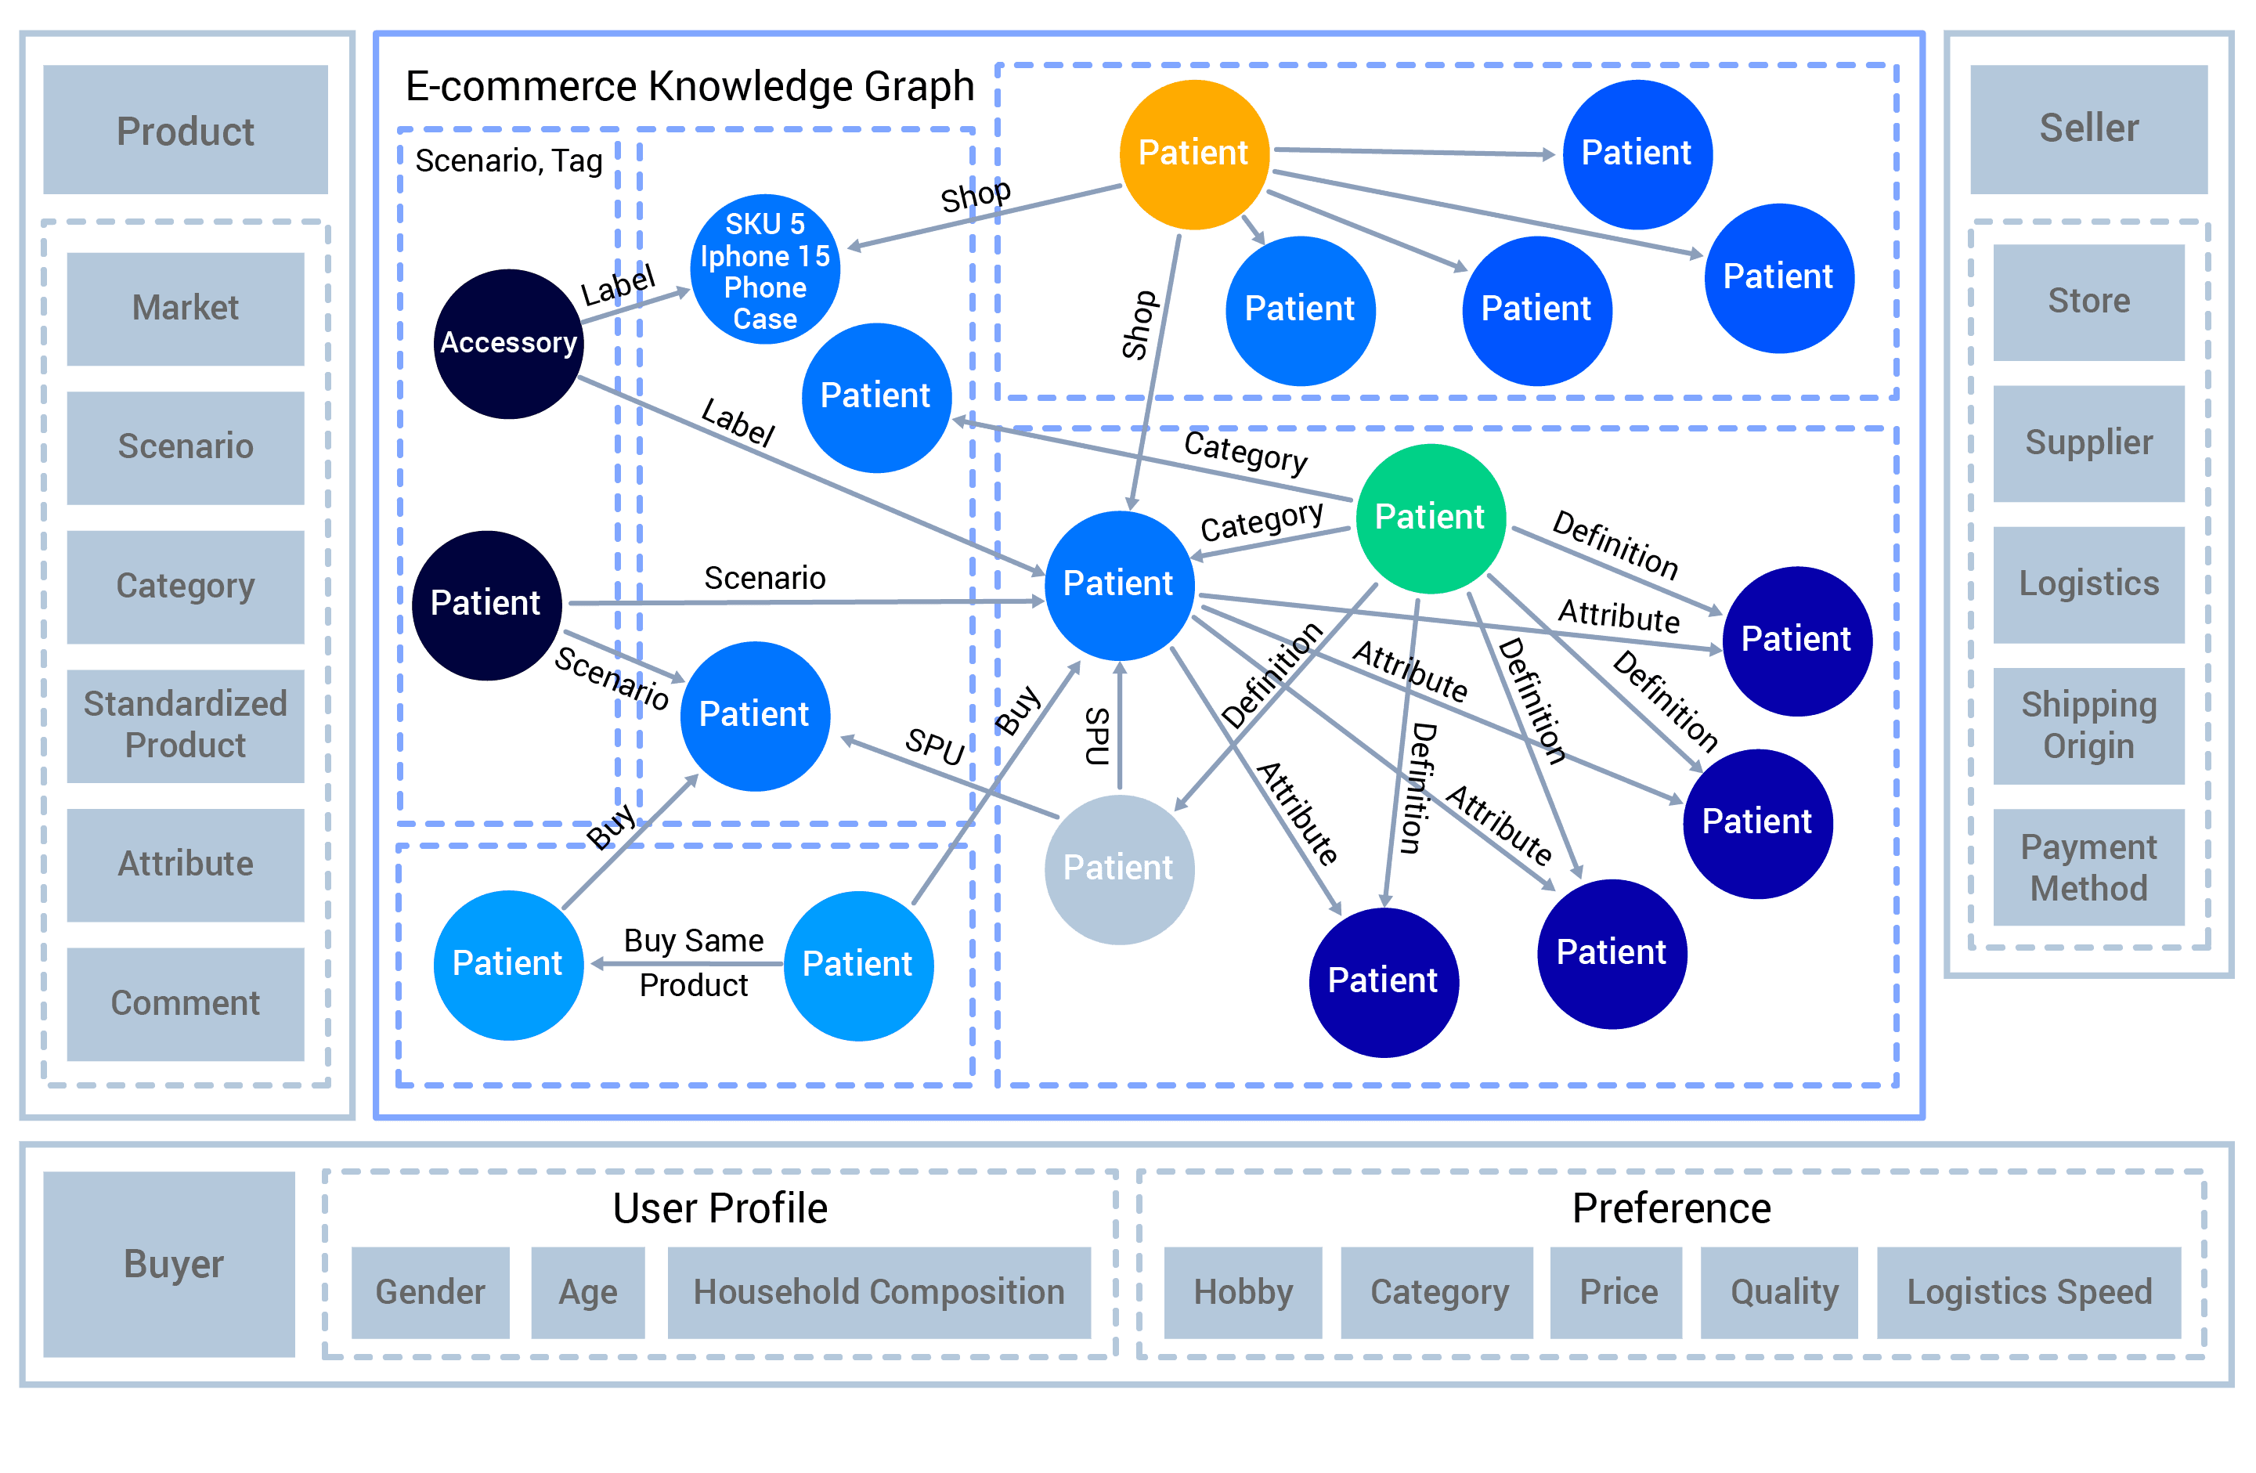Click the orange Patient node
click(x=1193, y=154)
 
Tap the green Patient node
click(x=1429, y=518)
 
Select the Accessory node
click(x=508, y=343)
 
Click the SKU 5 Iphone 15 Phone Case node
click(x=765, y=270)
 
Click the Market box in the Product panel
click(x=185, y=308)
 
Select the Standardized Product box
click(x=185, y=725)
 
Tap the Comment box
click(x=185, y=1004)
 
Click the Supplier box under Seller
click(x=2088, y=442)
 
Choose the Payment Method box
click(x=2088, y=868)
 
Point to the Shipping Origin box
click(x=2088, y=725)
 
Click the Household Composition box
click(x=879, y=1292)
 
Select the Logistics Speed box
click(x=2028, y=1292)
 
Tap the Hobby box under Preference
click(x=1243, y=1292)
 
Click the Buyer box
click(x=170, y=1263)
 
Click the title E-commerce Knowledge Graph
click(x=689, y=87)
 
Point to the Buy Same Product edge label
click(x=694, y=962)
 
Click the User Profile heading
click(x=720, y=1208)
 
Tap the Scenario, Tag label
click(x=508, y=161)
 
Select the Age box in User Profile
click(x=588, y=1292)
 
